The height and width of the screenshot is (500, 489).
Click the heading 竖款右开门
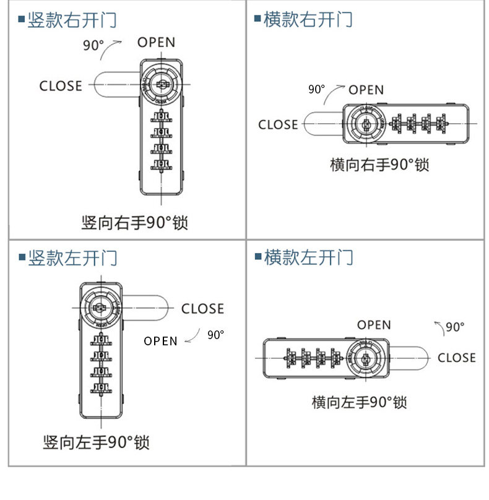pos(72,20)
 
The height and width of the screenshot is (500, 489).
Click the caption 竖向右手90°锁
pos(134,222)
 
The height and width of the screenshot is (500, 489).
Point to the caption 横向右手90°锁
pos(379,165)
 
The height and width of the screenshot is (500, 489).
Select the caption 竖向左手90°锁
pos(96,442)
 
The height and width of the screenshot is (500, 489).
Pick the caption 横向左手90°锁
pos(359,402)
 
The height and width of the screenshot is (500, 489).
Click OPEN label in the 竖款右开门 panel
pos(156,42)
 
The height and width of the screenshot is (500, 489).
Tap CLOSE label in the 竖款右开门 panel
pos(61,86)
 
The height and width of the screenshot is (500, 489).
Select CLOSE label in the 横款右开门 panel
pos(278,124)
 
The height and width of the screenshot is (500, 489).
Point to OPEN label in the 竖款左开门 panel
pos(160,341)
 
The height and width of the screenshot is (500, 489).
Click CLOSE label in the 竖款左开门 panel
pos(202,308)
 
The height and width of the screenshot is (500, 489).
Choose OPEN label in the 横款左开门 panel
pos(374,325)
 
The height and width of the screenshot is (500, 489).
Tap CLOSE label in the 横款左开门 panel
pos(456,358)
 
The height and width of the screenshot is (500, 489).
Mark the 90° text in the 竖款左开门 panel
pos(215,335)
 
